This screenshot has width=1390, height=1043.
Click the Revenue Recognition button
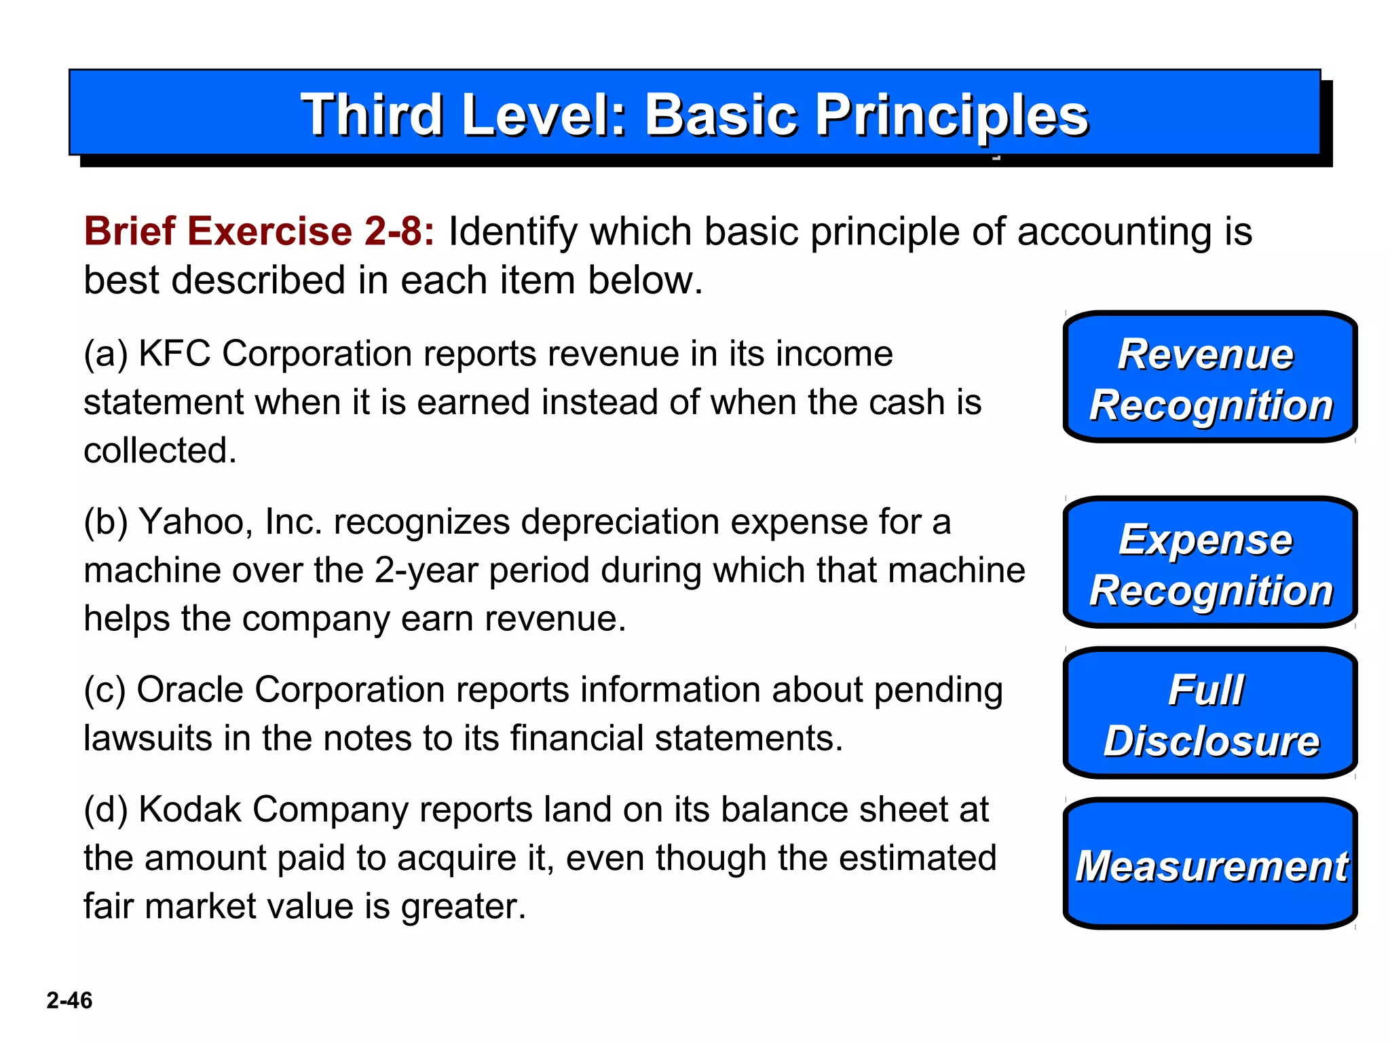pyautogui.click(x=1209, y=378)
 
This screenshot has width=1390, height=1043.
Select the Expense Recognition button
pyautogui.click(x=1209, y=563)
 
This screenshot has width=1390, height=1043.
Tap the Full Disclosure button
pyautogui.click(x=1209, y=714)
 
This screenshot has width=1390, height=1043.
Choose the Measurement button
pyautogui.click(x=1209, y=864)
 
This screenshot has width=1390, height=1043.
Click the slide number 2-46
pyautogui.click(x=69, y=1000)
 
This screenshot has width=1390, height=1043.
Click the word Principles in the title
pyautogui.click(x=952, y=115)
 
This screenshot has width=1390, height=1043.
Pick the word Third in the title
pyautogui.click(x=372, y=115)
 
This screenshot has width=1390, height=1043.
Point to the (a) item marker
pyautogui.click(x=105, y=354)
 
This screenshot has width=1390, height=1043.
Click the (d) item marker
pyautogui.click(x=105, y=810)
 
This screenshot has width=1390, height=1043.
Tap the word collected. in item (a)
pyautogui.click(x=160, y=450)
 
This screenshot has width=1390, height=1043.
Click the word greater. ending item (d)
pyautogui.click(x=464, y=907)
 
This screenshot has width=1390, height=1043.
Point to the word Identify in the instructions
pyautogui.click(x=512, y=231)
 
